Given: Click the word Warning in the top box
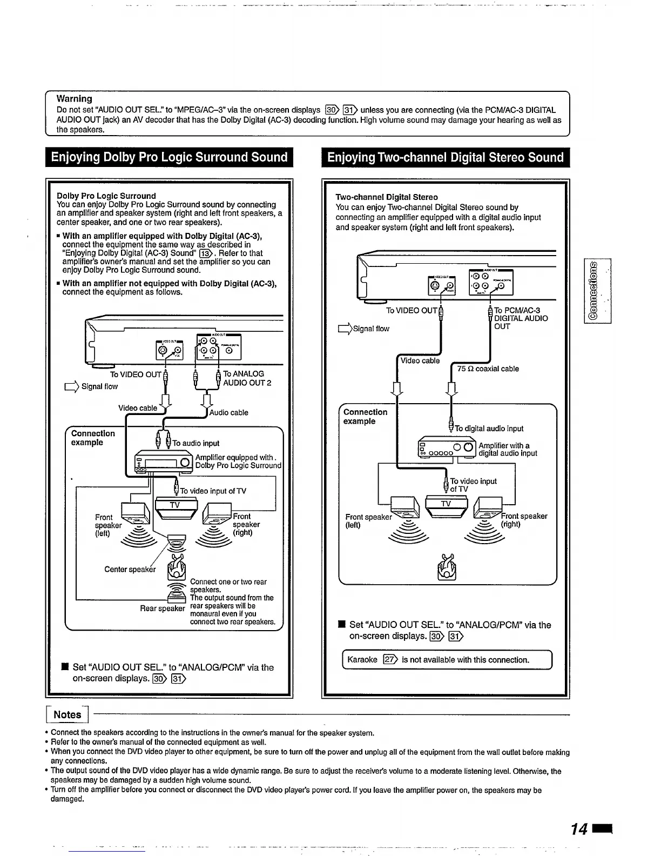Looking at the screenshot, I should coord(74,99).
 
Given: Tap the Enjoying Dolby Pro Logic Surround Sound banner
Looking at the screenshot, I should coord(169,157).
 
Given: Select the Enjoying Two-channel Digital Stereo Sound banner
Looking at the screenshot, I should coord(446,157).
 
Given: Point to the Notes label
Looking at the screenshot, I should coord(67,714).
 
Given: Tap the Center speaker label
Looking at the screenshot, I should coord(130,569).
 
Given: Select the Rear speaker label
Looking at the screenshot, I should coord(163,608).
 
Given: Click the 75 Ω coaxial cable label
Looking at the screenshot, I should coord(488,369).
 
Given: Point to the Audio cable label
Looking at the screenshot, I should coord(228,413).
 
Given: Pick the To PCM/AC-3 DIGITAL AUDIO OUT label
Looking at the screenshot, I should coord(520,318).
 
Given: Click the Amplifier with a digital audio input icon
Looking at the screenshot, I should coord(447,448).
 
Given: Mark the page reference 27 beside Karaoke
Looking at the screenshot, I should coord(390,660).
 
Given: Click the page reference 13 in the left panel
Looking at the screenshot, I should coord(205,253).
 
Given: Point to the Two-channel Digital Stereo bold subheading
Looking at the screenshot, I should coord(386,197).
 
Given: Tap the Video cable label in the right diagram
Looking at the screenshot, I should coord(420,361).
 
